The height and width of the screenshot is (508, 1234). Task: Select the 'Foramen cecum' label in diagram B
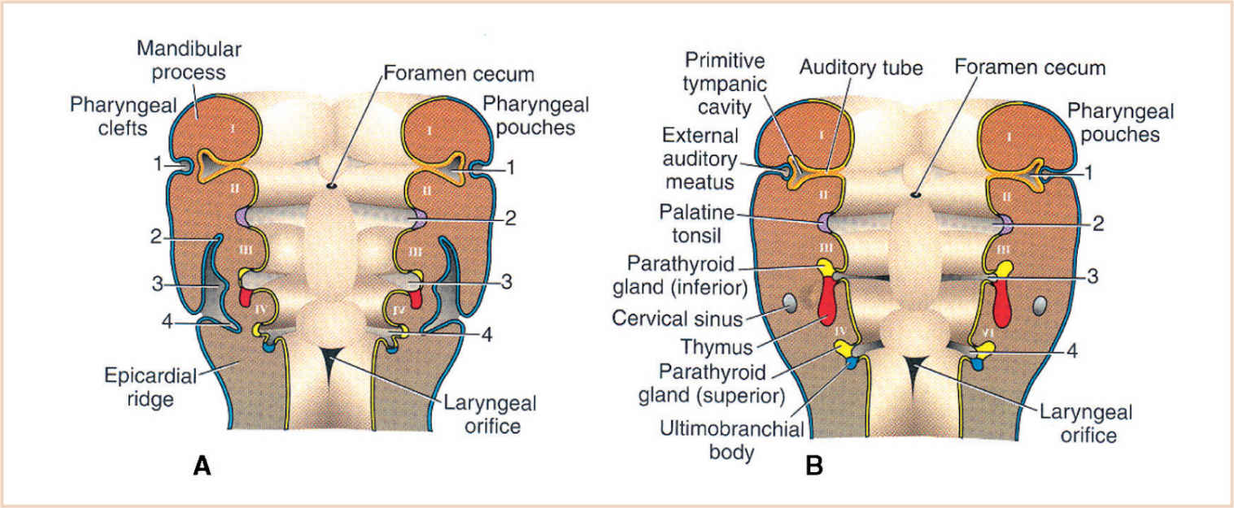[1031, 67]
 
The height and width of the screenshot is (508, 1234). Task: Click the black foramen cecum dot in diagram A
[332, 186]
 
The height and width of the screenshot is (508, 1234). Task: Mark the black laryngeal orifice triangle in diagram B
[916, 368]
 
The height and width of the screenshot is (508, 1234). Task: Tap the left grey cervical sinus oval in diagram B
[789, 305]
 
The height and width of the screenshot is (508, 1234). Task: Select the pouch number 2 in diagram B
[1097, 224]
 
